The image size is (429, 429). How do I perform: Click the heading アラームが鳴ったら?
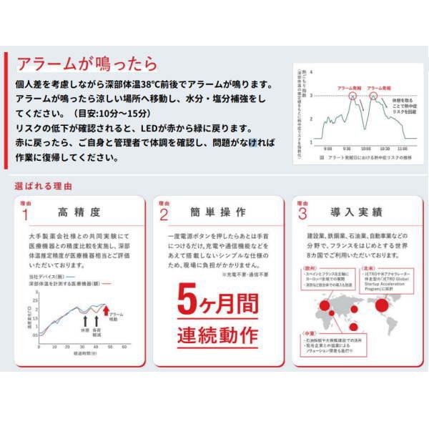pyautogui.click(x=86, y=64)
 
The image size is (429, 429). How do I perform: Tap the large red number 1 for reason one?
pyautogui.click(x=26, y=214)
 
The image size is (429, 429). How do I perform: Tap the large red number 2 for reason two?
pyautogui.click(x=164, y=214)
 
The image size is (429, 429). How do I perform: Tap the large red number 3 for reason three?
pyautogui.click(x=302, y=214)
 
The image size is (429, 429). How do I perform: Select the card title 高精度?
pyautogui.click(x=84, y=213)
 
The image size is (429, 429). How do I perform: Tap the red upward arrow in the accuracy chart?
pyautogui.click(x=106, y=310)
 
